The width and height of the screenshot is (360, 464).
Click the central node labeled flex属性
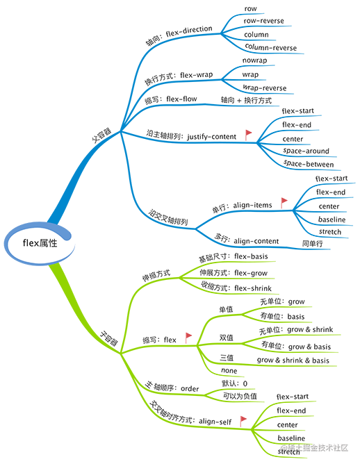(40, 243)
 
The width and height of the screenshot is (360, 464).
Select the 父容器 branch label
(101, 135)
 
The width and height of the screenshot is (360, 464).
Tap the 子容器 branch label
(108, 338)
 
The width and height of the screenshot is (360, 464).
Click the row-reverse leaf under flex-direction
(263, 21)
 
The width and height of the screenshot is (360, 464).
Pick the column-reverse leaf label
(270, 47)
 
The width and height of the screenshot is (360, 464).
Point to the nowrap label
(254, 60)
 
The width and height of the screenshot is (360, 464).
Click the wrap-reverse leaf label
(264, 88)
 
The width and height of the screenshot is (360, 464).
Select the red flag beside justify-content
(248, 135)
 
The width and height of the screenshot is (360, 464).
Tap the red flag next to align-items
(284, 203)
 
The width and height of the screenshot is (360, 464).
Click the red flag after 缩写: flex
(188, 338)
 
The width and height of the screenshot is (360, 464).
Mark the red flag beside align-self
(243, 421)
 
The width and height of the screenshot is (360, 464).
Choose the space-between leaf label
(308, 164)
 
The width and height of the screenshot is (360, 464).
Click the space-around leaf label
(306, 151)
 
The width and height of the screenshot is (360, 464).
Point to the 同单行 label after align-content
(312, 244)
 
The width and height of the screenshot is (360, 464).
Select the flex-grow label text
(251, 273)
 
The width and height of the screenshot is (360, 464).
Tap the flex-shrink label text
(253, 288)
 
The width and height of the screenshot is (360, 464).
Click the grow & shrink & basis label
(293, 360)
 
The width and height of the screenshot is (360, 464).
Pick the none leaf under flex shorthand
(229, 370)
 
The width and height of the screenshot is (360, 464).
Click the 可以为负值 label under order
(240, 396)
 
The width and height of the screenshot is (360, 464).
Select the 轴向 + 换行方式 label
(246, 100)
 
